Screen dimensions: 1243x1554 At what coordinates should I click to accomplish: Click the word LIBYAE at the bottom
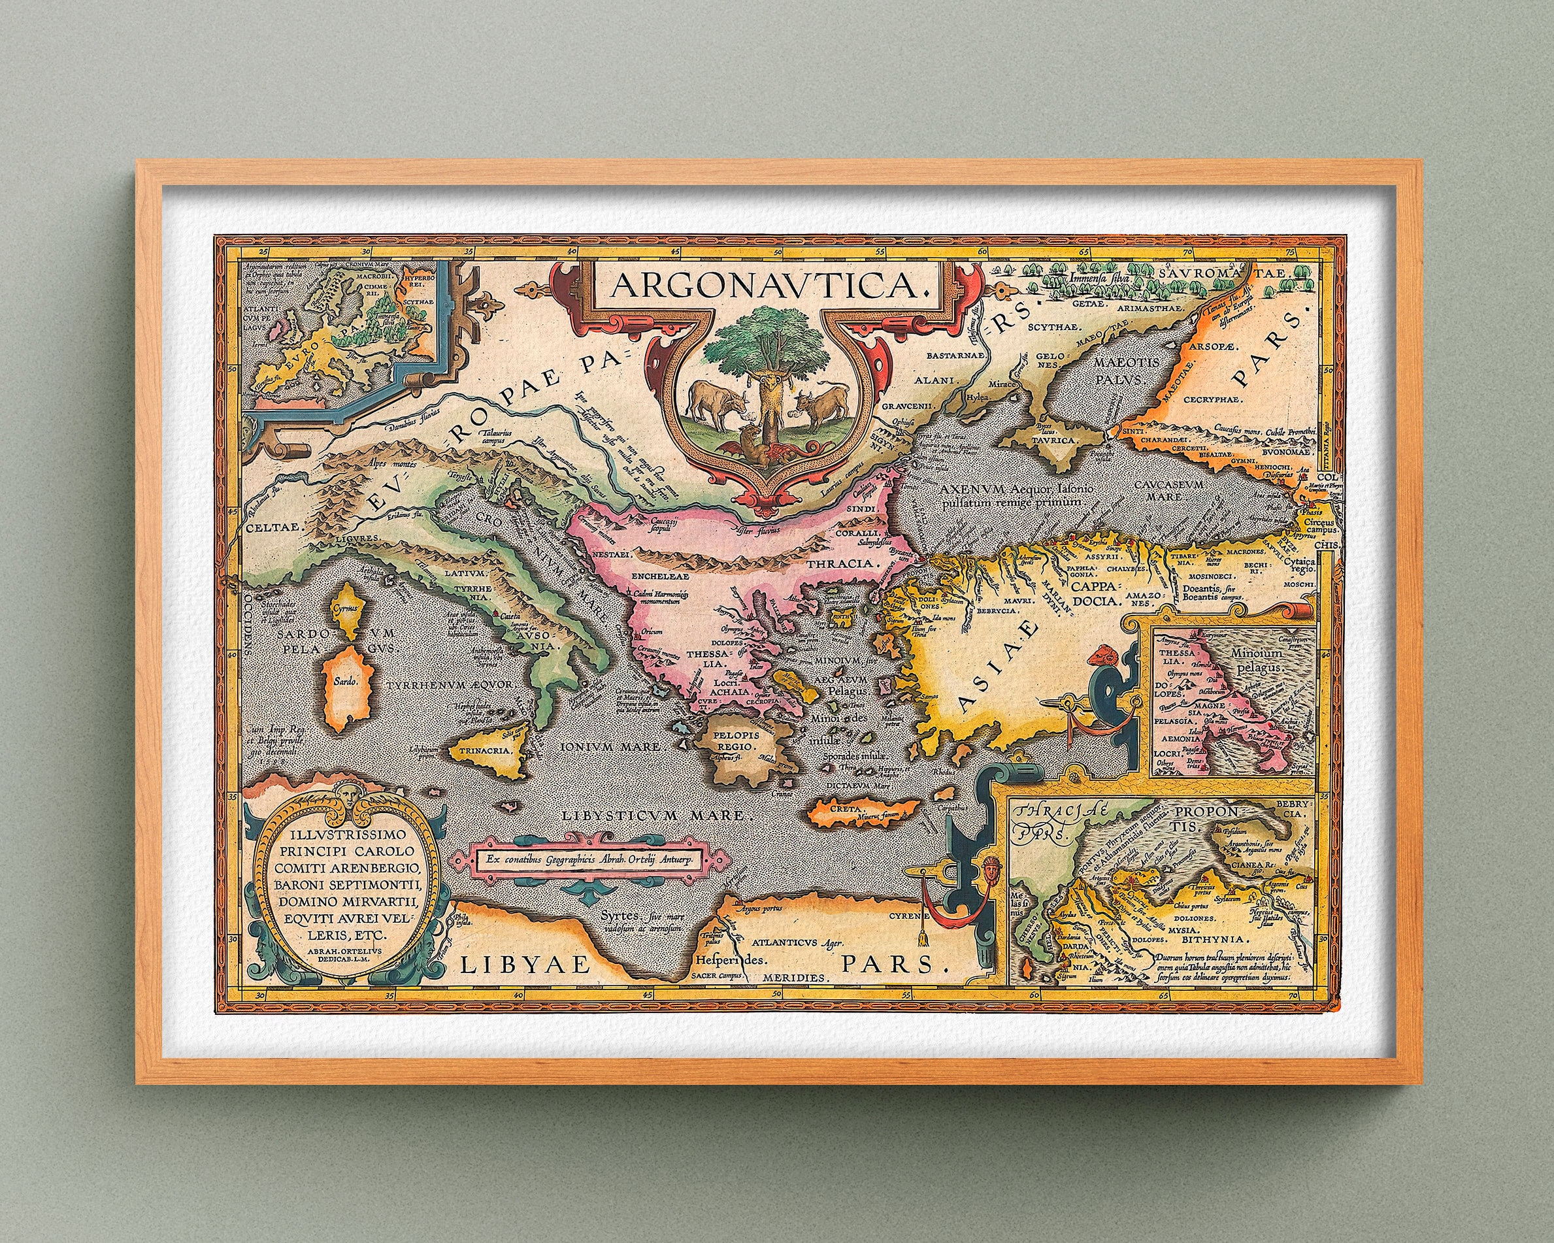click(525, 965)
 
